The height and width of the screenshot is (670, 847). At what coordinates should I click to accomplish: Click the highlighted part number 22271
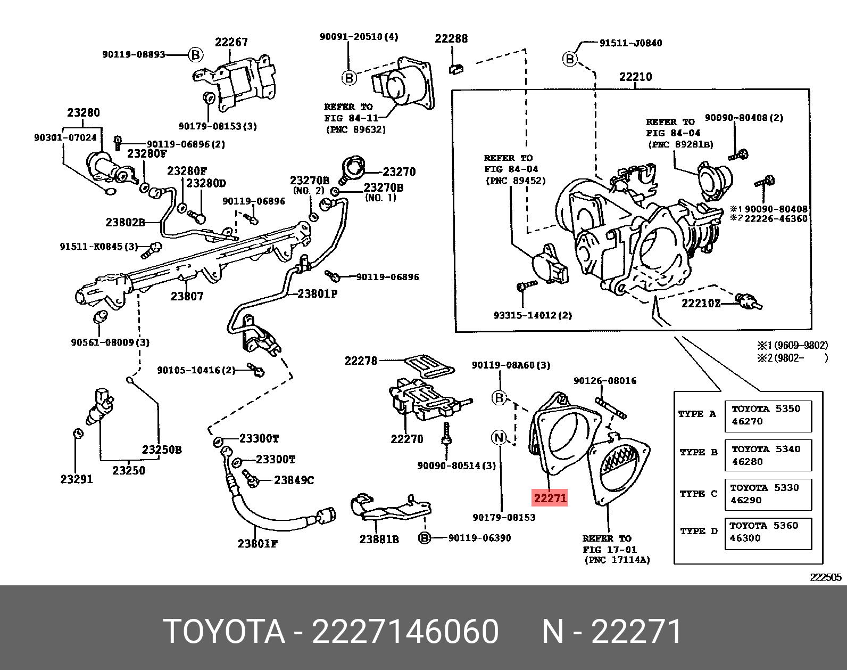tap(550, 498)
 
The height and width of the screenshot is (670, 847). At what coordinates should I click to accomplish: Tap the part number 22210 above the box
tap(635, 77)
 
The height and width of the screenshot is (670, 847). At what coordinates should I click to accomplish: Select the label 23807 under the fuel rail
tap(187, 296)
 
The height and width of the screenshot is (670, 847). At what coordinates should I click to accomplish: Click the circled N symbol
tap(499, 438)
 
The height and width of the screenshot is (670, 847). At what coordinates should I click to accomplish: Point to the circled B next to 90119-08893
tap(196, 54)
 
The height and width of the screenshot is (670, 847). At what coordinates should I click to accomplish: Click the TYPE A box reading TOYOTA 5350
tap(768, 415)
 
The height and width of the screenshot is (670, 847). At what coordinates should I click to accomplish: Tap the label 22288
tap(451, 38)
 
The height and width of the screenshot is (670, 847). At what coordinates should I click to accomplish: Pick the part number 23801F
tap(258, 543)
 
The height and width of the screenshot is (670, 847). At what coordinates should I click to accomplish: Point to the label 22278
tap(361, 361)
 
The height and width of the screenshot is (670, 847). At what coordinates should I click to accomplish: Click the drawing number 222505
tap(825, 577)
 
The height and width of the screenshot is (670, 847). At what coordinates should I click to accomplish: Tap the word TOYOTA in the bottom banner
tap(224, 632)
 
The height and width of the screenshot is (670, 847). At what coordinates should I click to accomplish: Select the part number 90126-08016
tap(604, 380)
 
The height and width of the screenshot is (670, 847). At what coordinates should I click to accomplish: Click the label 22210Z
tap(701, 303)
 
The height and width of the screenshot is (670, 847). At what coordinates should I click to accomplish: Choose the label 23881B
tap(379, 539)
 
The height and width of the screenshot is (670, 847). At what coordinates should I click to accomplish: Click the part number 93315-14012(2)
tap(533, 315)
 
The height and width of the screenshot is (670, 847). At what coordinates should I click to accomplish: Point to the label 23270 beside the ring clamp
tap(399, 171)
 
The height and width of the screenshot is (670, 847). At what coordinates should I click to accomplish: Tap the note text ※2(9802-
tap(780, 358)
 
